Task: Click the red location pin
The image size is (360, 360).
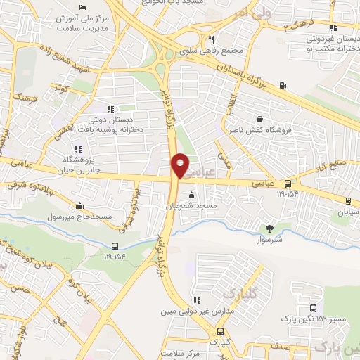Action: coord(180,165)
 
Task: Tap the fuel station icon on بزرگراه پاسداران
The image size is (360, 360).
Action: coord(283,86)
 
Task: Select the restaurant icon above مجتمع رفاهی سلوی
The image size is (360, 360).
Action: coord(211,39)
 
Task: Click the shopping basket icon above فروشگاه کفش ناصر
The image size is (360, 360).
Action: coord(261,120)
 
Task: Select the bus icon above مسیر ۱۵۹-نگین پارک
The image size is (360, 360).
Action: coord(312,308)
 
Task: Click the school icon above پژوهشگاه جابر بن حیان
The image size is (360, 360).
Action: coord(77,149)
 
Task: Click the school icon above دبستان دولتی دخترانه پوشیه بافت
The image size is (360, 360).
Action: coord(110,109)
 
